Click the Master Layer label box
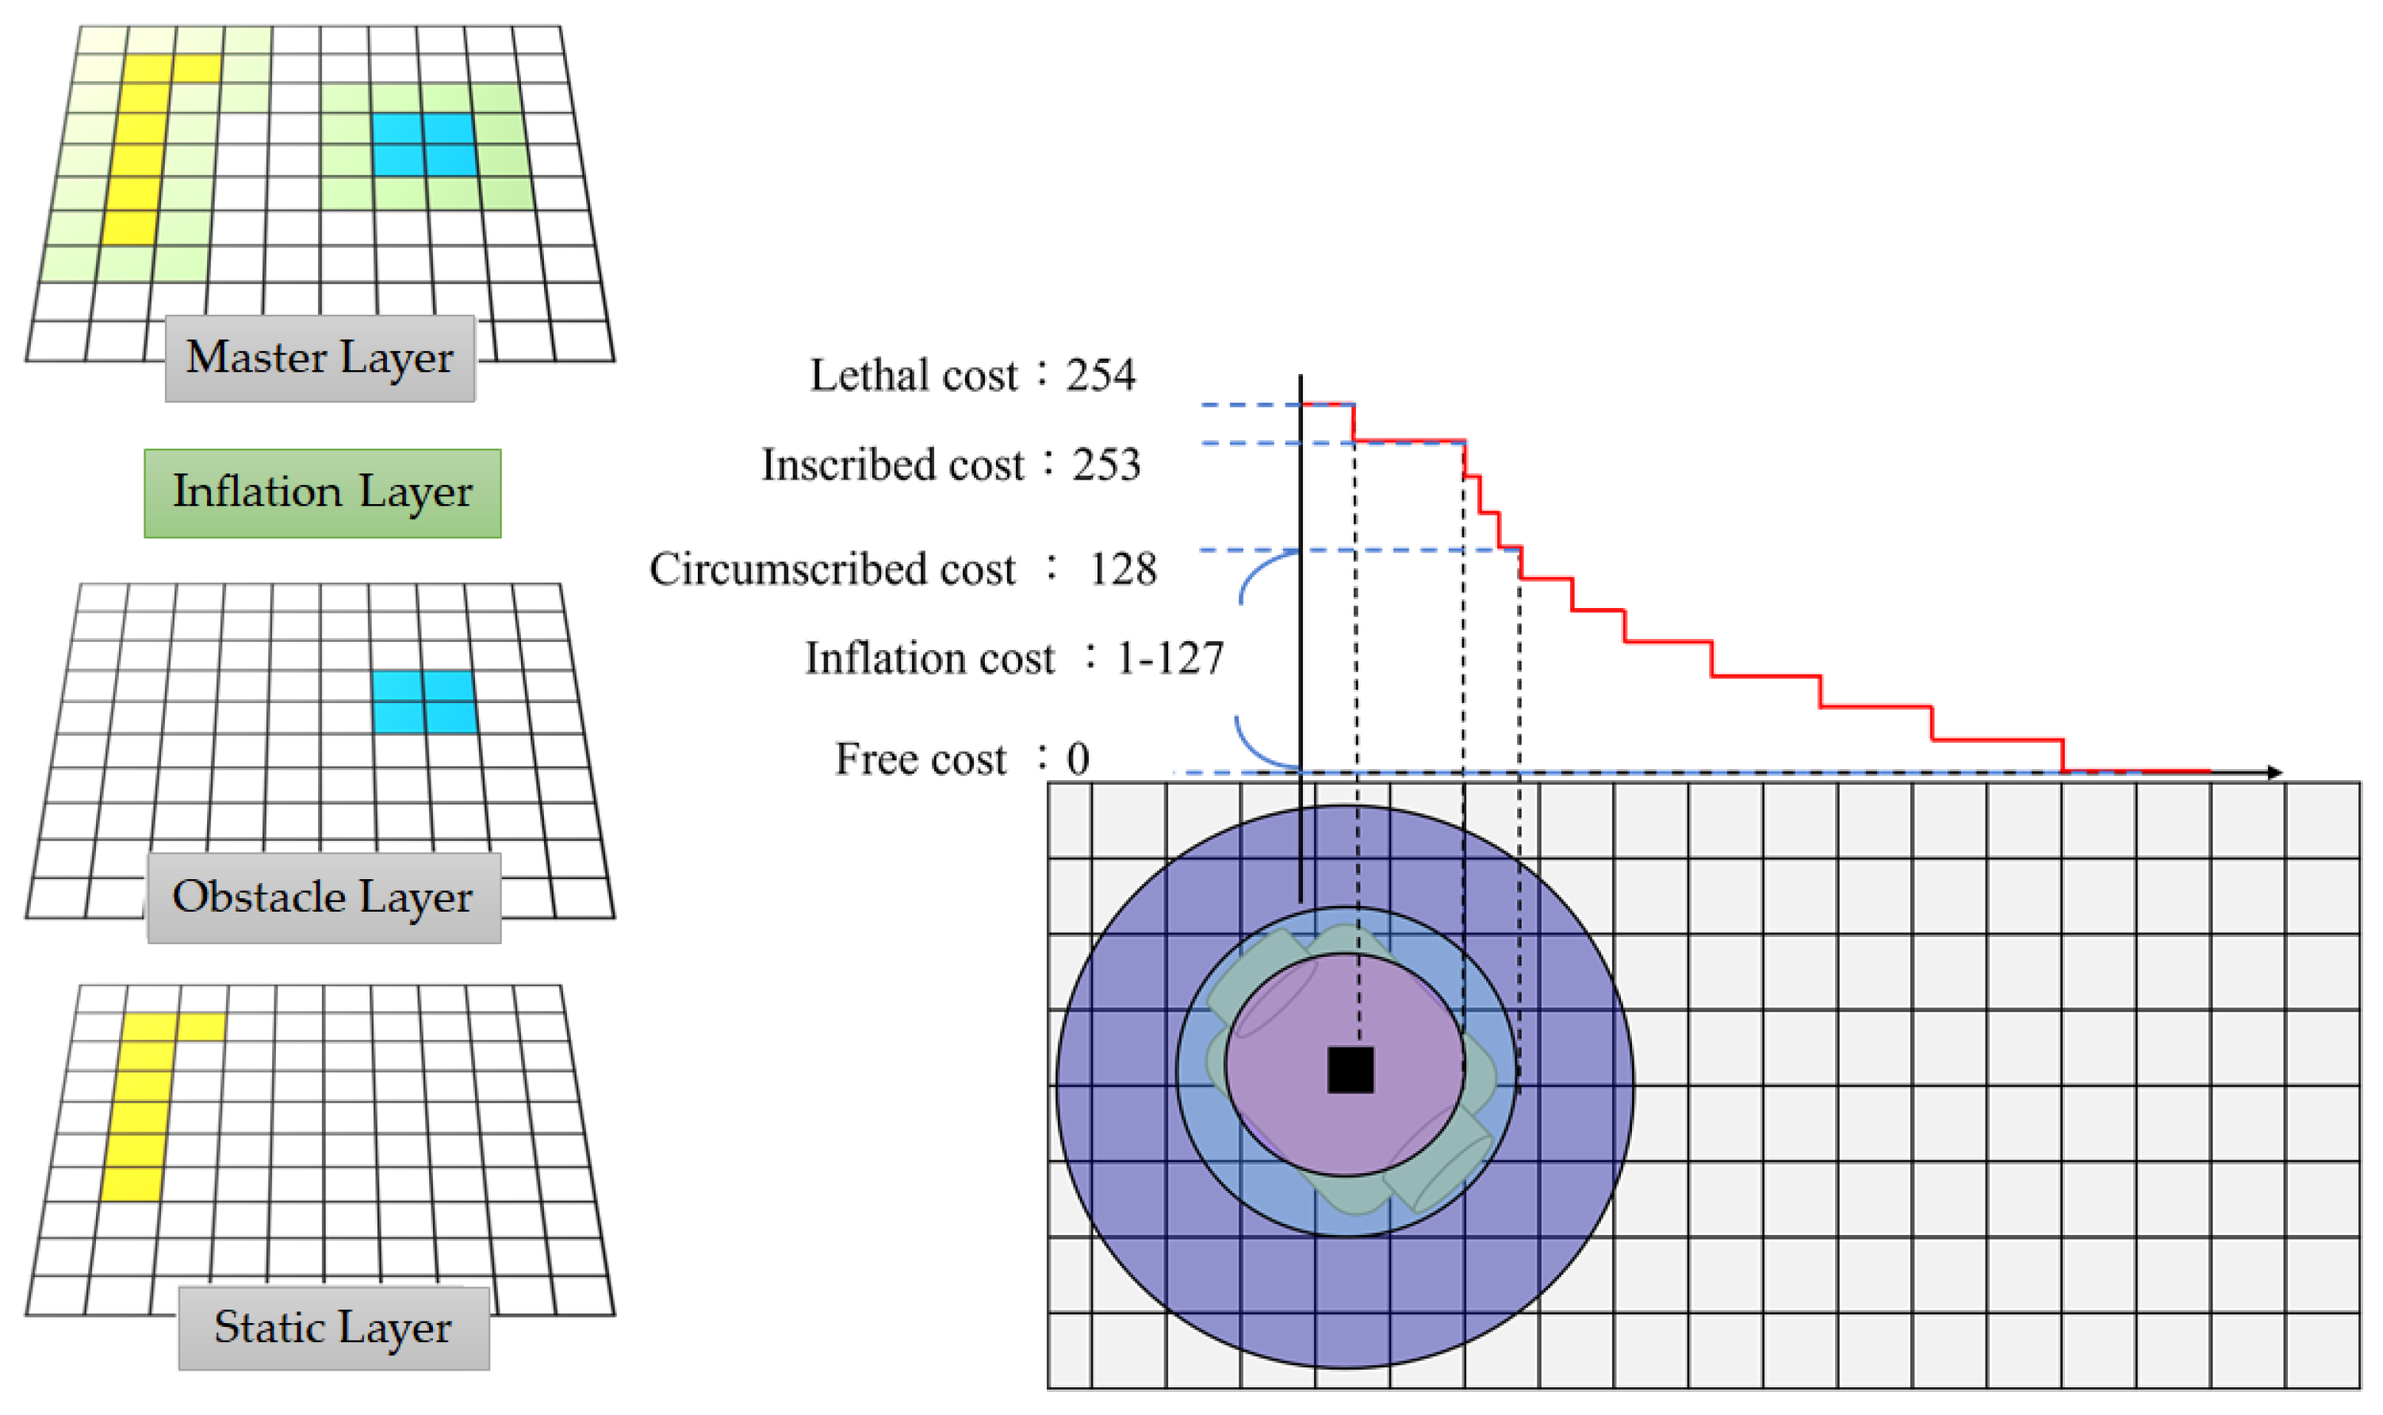(x=320, y=358)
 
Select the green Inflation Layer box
(x=322, y=493)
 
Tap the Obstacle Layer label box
(x=324, y=897)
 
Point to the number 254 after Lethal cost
(x=1101, y=376)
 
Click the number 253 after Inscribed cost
(x=1106, y=465)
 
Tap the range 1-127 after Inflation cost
(x=1169, y=659)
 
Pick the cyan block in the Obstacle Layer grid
(x=423, y=702)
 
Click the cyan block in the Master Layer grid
(x=423, y=144)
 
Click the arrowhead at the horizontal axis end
(x=2274, y=772)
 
